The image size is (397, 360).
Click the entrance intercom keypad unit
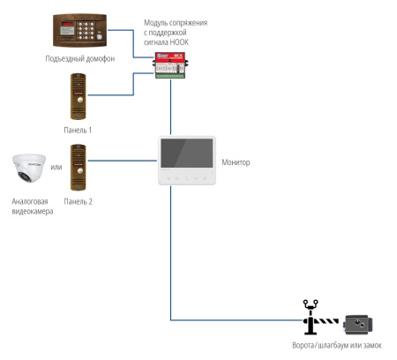[x=79, y=30]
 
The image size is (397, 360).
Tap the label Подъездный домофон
[x=80, y=58]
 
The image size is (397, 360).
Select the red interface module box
[x=170, y=65]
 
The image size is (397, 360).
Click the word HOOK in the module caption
[x=179, y=42]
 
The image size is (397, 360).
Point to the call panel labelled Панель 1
[x=79, y=96]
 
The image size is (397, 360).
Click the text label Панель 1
[x=78, y=130]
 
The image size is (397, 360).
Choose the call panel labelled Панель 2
[x=79, y=168]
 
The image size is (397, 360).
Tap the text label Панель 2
[x=78, y=201]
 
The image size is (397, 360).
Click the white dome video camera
[x=29, y=169]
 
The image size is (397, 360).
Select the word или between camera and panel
[x=56, y=167]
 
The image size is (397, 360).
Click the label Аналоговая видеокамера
[x=33, y=206]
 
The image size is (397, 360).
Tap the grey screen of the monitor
[x=187, y=153]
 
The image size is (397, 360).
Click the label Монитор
[x=236, y=162]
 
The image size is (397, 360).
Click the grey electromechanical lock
[x=358, y=325]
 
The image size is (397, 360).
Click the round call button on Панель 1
[x=79, y=100]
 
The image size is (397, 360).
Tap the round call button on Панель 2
[x=79, y=171]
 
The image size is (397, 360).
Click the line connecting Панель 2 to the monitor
[x=123, y=161]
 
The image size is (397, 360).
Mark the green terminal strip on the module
[x=170, y=76]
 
